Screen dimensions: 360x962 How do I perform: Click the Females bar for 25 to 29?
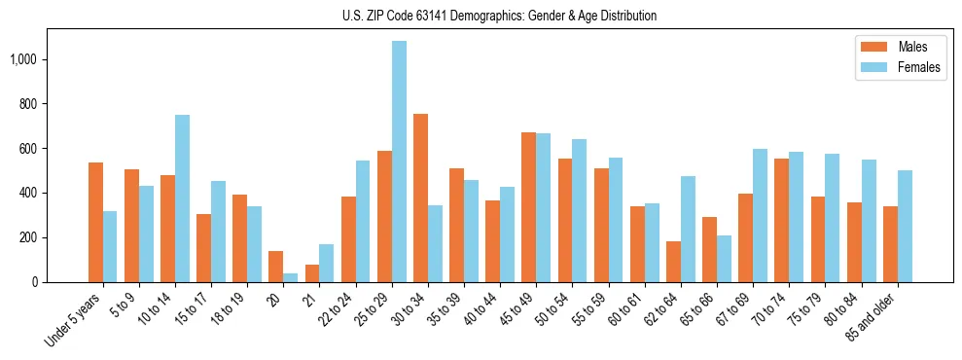coord(399,162)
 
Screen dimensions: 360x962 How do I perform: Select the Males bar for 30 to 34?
coord(420,198)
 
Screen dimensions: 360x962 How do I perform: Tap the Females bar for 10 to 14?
coord(183,198)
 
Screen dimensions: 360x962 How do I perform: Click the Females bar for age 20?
coord(291,277)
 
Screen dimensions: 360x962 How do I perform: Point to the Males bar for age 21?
coord(312,273)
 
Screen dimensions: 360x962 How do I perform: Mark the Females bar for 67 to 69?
coord(760,215)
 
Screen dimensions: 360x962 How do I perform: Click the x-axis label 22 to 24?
coord(344,313)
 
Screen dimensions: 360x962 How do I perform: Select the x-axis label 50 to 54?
coord(561,313)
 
